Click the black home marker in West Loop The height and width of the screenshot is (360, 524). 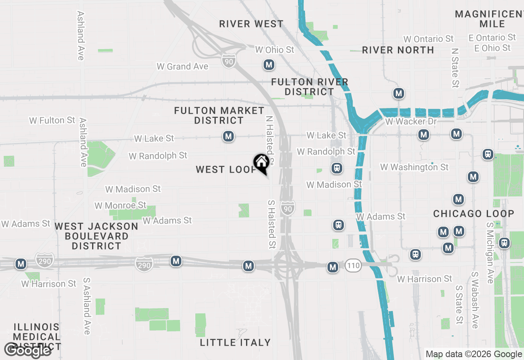(x=261, y=163)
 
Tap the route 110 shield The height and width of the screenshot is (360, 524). (x=352, y=265)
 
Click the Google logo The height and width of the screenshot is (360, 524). (x=27, y=350)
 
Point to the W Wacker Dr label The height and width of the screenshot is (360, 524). (x=411, y=122)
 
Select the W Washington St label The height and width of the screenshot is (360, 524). (x=414, y=167)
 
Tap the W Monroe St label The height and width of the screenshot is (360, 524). (x=120, y=205)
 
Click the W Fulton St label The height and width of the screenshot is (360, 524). (x=52, y=120)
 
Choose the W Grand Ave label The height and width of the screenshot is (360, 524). (x=183, y=66)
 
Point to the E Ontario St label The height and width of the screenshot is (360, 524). (x=492, y=38)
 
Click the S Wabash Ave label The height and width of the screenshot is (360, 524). (x=475, y=300)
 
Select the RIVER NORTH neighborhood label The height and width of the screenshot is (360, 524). (x=398, y=50)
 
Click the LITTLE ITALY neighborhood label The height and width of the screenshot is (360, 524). (x=235, y=342)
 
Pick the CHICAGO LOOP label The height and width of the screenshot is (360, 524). (x=474, y=214)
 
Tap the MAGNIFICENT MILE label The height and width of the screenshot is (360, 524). (x=489, y=19)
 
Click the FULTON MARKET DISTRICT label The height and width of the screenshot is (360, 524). (x=219, y=115)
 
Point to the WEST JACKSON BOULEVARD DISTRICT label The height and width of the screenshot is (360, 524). (x=97, y=236)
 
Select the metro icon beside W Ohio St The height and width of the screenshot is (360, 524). (x=269, y=65)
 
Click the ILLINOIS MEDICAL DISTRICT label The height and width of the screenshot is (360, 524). (x=37, y=337)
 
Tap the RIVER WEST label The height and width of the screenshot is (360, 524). (x=251, y=24)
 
